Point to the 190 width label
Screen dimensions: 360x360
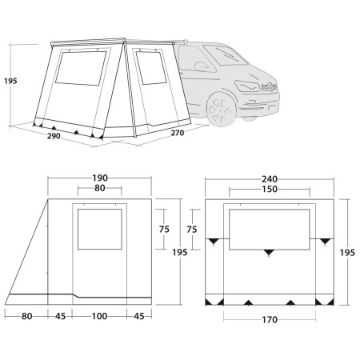[x=99, y=177]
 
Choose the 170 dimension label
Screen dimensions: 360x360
[x=269, y=321]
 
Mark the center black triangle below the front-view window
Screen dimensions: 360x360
[x=269, y=252]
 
